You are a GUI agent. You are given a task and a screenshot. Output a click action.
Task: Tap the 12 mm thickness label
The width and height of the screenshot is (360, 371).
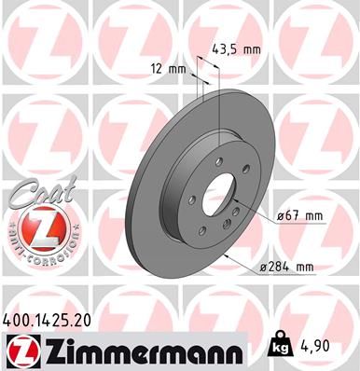click(x=168, y=67)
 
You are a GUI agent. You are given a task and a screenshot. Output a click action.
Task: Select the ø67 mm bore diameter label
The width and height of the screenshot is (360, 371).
click(x=298, y=215)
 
